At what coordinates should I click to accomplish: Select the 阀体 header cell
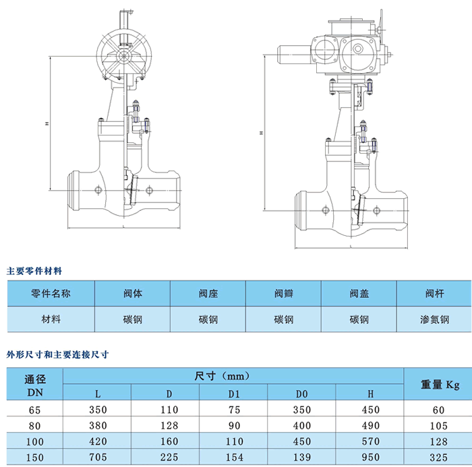point(133,294)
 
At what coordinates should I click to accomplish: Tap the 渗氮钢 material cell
point(434,319)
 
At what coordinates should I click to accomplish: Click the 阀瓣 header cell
point(284,294)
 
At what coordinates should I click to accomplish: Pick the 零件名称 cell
point(51,294)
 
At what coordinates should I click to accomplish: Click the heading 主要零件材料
point(34,272)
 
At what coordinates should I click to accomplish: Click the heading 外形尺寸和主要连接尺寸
point(57,354)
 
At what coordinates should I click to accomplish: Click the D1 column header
point(234,394)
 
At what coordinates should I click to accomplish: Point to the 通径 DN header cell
point(34,385)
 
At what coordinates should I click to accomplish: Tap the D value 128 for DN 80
point(169,426)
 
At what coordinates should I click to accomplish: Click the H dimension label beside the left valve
point(47,124)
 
